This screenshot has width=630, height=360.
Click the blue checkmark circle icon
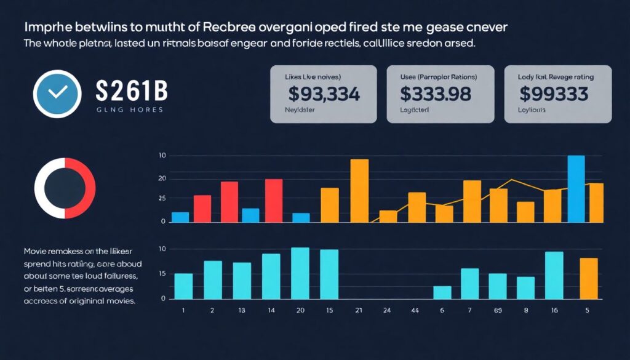click(57, 92)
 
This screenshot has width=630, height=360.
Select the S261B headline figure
click(132, 92)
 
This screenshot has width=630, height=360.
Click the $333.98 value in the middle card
click(436, 94)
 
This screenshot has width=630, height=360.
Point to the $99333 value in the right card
click(553, 94)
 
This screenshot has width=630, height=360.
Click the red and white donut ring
click(65, 188)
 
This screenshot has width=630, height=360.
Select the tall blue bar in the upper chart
click(576, 188)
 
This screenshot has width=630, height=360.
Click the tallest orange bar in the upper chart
click(359, 190)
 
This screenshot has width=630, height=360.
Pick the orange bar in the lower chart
click(589, 278)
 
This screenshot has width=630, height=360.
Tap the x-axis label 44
click(415, 311)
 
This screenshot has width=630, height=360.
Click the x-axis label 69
click(498, 311)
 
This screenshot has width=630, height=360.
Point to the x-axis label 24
click(387, 311)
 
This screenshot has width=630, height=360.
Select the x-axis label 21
click(359, 311)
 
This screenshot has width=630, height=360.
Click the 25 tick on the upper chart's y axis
click(162, 198)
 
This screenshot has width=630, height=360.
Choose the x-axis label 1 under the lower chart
click(183, 311)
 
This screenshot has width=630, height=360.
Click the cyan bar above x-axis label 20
click(300, 273)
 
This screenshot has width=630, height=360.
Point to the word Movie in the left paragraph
click(36, 252)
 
